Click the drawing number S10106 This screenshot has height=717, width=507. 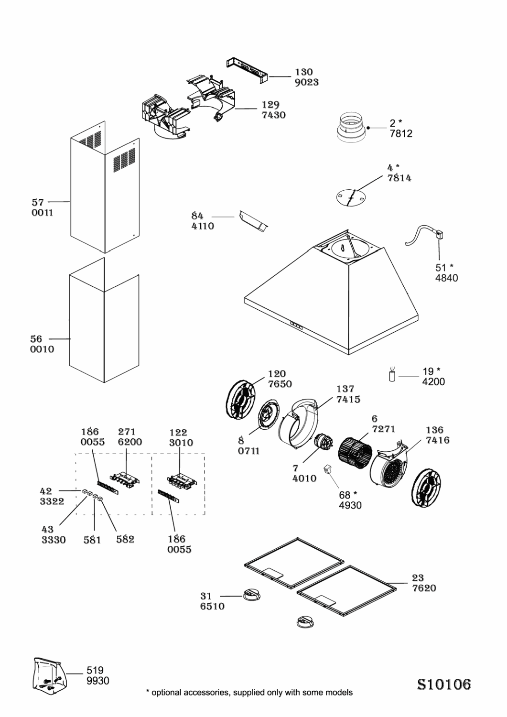(x=444, y=684)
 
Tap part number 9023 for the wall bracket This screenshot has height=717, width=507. (x=306, y=82)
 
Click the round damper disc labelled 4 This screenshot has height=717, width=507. (x=351, y=196)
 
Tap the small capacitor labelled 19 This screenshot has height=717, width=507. (x=392, y=376)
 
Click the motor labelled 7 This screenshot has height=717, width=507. (x=323, y=443)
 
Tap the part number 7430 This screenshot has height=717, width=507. (x=273, y=115)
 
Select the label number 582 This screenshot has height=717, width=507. (x=125, y=539)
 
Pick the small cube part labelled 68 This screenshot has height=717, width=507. (x=328, y=469)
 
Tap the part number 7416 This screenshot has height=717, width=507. (x=437, y=440)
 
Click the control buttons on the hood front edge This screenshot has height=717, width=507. (x=296, y=327)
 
